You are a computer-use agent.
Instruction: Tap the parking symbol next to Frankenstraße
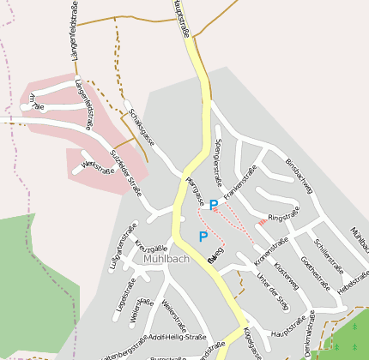point(214,205)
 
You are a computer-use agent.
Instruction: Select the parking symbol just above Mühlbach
point(203,237)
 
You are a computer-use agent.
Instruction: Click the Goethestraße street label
point(317,261)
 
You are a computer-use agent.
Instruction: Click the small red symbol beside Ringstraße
point(262,223)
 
